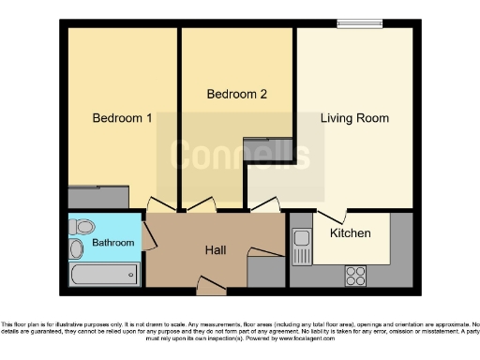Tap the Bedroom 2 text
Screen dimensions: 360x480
pyautogui.click(x=230, y=95)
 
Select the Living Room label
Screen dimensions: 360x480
pyautogui.click(x=354, y=119)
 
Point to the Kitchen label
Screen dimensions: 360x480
pyautogui.click(x=350, y=232)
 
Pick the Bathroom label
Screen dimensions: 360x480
pyautogui.click(x=112, y=243)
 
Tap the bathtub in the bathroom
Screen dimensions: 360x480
pyautogui.click(x=104, y=275)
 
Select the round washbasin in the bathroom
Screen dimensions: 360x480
pyautogui.click(x=76, y=248)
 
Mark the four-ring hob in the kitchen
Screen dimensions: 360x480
pyautogui.click(x=356, y=275)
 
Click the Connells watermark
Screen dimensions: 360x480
pyautogui.click(x=240, y=153)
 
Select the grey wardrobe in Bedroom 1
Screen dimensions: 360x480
pyautogui.click(x=97, y=197)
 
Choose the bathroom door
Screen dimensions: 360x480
pyautogui.click(x=146, y=230)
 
